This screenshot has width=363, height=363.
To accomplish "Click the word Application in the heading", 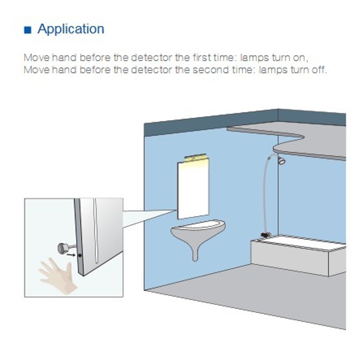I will (71, 29).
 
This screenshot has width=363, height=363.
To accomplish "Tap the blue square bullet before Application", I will (28, 30).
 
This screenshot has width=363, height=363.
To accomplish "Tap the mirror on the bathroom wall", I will (193, 191).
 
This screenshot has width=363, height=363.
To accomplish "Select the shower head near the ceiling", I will (281, 161).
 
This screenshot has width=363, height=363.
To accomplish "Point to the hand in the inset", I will (56, 272).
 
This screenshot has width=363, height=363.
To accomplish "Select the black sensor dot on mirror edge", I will (79, 256).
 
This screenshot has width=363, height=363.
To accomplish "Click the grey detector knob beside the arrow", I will (62, 247).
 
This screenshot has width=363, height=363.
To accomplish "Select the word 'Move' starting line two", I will (34, 70).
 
